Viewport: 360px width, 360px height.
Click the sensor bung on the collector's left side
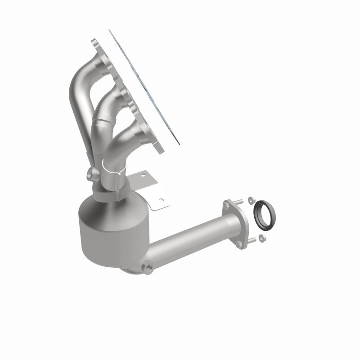(x=89, y=173)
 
